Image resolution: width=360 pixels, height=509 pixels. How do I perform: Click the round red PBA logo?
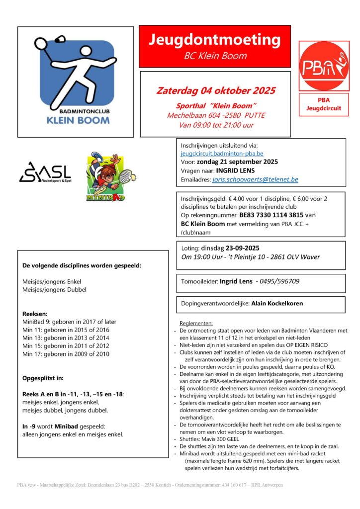click(324, 65)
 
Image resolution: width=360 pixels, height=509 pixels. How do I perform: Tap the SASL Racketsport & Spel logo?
click(45, 172)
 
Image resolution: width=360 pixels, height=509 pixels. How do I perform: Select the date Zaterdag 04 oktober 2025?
click(215, 91)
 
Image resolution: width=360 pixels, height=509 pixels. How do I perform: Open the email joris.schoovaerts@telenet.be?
click(255, 179)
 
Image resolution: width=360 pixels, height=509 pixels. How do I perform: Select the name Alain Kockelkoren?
click(277, 303)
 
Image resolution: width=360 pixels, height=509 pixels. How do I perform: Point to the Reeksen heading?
click(35, 314)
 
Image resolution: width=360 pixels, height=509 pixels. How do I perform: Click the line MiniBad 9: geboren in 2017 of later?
click(69, 322)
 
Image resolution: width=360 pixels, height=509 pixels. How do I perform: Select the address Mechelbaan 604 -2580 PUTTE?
click(216, 115)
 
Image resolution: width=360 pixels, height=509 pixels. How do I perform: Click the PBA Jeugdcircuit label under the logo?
click(324, 104)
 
